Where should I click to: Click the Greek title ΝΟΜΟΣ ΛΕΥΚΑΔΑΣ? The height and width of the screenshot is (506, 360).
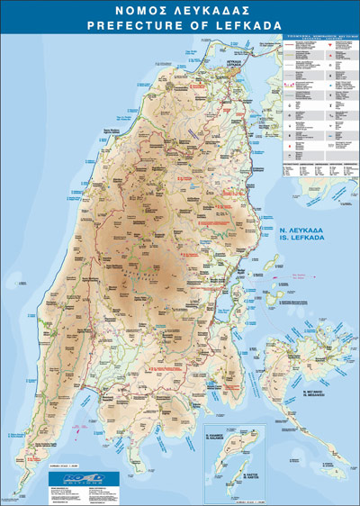(x=180, y=11)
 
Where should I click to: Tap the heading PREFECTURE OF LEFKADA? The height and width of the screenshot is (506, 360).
(x=180, y=26)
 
